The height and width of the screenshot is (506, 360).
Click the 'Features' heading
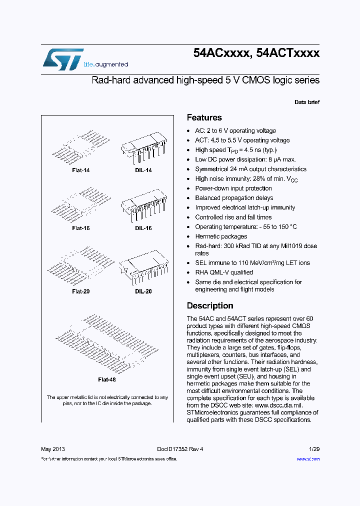coord(204,118)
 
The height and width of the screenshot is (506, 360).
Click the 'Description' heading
coord(209,305)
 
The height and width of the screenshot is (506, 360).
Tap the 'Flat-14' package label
coord(80,170)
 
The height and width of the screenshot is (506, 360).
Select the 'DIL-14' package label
coord(143,170)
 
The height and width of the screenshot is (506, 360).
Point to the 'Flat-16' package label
coord(80,228)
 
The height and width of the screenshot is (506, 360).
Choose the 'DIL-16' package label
coord(143,228)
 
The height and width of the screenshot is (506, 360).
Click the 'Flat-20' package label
coord(80,291)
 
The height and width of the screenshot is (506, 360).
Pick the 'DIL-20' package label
coord(143,291)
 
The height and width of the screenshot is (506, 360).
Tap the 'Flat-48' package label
coord(106,379)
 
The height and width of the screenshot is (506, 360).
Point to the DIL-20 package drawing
coord(143,265)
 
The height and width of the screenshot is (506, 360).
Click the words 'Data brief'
coord(306,102)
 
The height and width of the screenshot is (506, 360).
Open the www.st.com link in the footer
coord(308,459)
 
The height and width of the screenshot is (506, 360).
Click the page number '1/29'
coord(314,449)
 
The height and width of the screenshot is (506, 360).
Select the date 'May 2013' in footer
coord(52,449)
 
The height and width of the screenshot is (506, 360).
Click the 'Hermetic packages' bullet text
coord(220,236)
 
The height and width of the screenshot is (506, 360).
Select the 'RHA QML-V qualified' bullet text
coord(223,272)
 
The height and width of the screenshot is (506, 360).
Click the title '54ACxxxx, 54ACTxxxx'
coord(256,54)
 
